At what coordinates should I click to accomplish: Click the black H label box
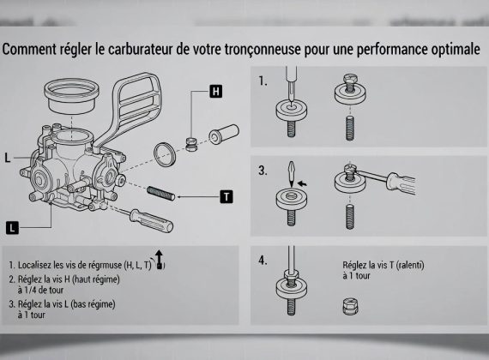pos(215,91)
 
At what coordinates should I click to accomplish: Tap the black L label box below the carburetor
pos(12,227)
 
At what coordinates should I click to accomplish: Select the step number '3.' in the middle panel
pos(263,171)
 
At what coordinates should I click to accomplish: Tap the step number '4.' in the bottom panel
pos(263,260)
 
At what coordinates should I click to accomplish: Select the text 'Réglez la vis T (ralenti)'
pos(383,265)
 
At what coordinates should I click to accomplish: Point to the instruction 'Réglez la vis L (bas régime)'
pos(66,304)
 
